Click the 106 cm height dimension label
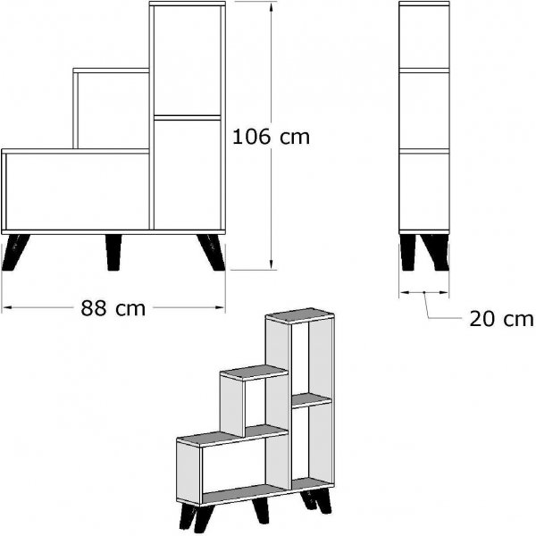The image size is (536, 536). pyautogui.click(x=271, y=137)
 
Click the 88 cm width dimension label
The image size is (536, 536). pyautogui.click(x=113, y=308)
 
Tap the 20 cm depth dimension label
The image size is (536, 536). pyautogui.click(x=501, y=319)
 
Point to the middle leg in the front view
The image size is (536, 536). pyautogui.click(x=113, y=253)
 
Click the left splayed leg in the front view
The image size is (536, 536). pyautogui.click(x=15, y=253)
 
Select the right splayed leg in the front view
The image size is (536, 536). pyautogui.click(x=212, y=253)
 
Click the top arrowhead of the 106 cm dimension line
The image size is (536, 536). pyautogui.click(x=272, y=7)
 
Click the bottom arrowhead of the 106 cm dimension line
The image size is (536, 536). pyautogui.click(x=272, y=264)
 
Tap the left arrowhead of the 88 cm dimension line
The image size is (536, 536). pyautogui.click(x=7, y=307)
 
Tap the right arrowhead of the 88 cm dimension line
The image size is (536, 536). pyautogui.click(x=220, y=307)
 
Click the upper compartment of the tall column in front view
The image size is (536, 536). pyautogui.click(x=188, y=61)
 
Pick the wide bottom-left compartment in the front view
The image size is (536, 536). pyautogui.click(x=78, y=191)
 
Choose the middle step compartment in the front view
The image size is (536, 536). pyautogui.click(x=113, y=111)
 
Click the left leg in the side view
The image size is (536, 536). pyautogui.click(x=408, y=253)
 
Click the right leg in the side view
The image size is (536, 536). pyautogui.click(x=435, y=253)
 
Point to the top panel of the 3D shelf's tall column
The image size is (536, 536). pyautogui.click(x=300, y=314)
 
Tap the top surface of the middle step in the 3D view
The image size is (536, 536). pyautogui.click(x=255, y=372)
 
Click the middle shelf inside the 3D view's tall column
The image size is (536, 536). pyautogui.click(x=312, y=399)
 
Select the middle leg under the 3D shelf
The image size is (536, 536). pyautogui.click(x=261, y=510)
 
